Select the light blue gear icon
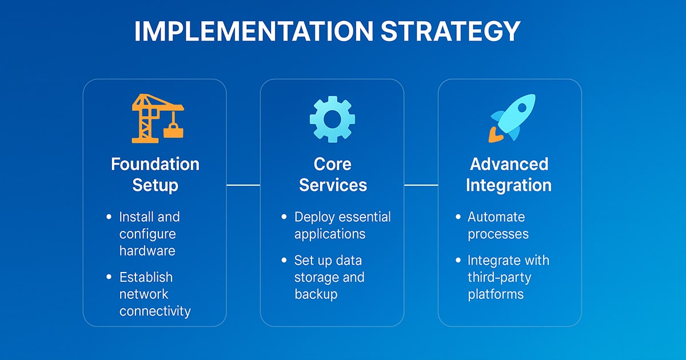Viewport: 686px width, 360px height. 332,119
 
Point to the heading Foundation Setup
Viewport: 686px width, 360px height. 155,174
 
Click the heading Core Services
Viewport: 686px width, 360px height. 332,174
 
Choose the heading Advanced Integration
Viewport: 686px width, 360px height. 509,174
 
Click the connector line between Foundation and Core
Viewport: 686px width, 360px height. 244,185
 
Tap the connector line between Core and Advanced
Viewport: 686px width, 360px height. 421,185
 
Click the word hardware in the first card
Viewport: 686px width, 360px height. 147,251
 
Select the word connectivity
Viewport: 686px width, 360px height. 155,311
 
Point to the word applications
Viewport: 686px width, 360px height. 329,234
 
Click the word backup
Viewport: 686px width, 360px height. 316,294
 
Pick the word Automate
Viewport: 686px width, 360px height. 496,217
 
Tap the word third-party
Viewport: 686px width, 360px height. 499,277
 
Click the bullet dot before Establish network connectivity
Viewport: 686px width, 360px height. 109,277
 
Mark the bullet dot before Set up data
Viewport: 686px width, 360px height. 284,261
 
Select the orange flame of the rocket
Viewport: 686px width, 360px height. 494,135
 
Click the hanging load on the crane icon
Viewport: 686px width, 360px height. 173,131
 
